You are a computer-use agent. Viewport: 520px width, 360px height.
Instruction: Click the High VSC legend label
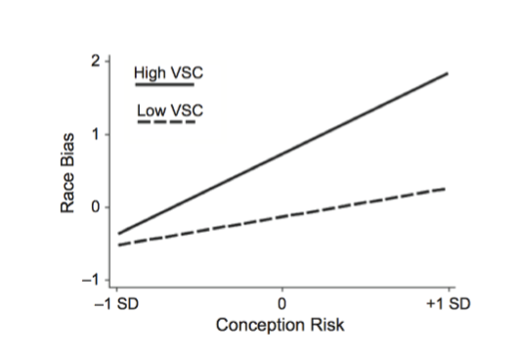tap(168, 73)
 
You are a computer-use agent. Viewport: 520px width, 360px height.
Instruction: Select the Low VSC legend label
tap(167, 110)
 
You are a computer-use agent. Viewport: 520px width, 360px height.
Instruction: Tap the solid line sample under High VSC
tap(166, 86)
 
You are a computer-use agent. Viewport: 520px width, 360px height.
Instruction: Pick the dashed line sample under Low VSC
tap(166, 122)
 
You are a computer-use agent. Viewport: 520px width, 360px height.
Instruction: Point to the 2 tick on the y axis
tap(95, 61)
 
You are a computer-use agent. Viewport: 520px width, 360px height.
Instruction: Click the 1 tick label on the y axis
tap(95, 134)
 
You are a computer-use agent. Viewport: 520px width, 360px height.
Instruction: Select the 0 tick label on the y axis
tap(95, 207)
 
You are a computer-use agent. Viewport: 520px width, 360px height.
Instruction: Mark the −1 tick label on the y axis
tap(92, 281)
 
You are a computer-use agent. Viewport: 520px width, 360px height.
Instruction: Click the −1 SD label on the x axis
tap(118, 303)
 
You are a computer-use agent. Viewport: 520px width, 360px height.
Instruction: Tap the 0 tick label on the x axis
tap(282, 303)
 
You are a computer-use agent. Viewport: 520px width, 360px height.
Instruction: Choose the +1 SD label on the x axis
tap(449, 303)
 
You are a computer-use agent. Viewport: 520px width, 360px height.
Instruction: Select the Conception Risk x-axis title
tap(282, 325)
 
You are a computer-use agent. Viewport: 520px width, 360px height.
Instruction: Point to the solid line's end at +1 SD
tap(448, 73)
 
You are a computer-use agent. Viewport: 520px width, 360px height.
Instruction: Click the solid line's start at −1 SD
tap(118, 234)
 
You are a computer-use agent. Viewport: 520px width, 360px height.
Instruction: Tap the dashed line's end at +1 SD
tap(448, 189)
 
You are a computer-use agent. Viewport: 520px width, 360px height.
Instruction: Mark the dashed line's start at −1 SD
tap(118, 245)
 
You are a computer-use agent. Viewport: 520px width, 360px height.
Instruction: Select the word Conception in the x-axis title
tap(263, 325)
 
